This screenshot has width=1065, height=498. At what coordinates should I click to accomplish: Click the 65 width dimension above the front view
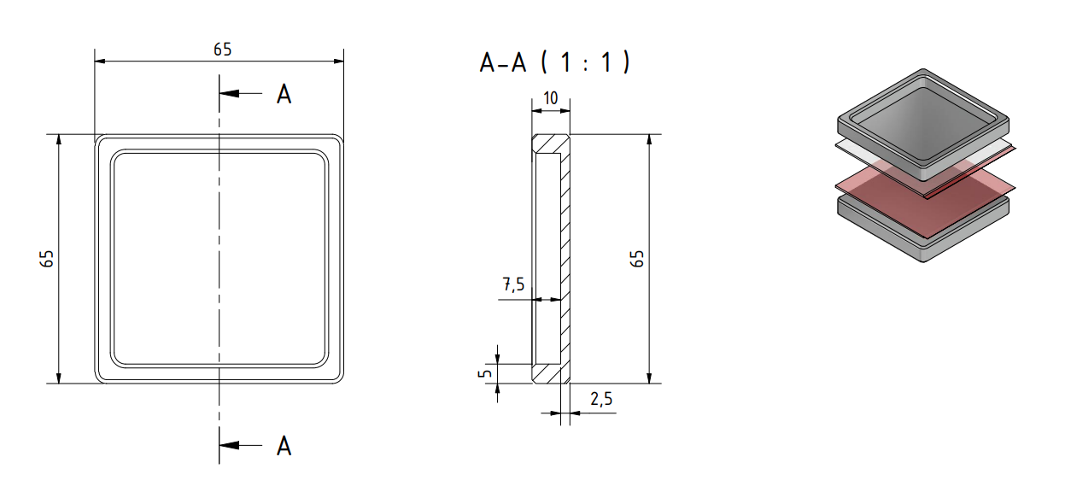pos(222,50)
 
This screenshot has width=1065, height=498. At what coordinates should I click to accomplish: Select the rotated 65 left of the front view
pos(48,259)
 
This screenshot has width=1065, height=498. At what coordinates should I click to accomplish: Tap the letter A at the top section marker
pos(284,94)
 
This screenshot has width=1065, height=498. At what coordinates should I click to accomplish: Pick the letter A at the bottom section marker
pos(284,445)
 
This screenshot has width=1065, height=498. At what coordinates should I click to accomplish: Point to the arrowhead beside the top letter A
pos(228,94)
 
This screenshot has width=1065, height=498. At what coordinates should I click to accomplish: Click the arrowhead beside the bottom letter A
pos(228,445)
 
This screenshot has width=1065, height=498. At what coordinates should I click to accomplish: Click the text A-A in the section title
pos(503,62)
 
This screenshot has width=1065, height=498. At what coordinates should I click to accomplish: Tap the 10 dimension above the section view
pos(551,98)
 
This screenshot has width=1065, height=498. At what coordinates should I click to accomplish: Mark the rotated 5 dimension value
pos(483,373)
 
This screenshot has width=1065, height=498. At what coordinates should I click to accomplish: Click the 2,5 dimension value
pos(601,400)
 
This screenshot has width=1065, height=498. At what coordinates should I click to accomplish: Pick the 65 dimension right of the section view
pos(637,259)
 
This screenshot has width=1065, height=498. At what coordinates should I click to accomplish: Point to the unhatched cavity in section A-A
pos(546,256)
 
